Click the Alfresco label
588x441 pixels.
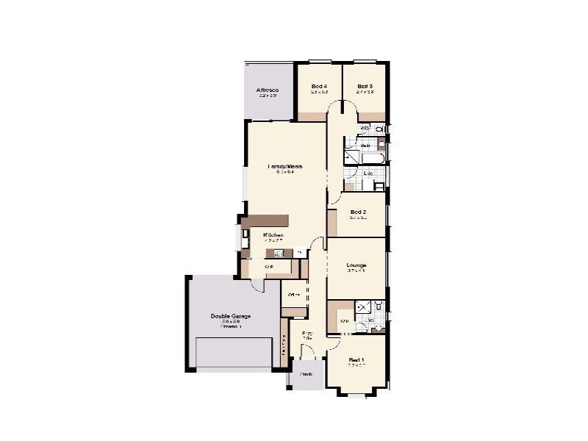point(268,90)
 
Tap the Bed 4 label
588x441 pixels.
point(319,87)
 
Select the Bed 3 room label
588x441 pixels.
point(365,87)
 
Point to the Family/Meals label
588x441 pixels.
point(285,167)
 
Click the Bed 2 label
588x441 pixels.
point(358,212)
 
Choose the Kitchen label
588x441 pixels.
point(273,235)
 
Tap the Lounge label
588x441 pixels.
point(356,265)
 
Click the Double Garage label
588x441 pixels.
point(231,317)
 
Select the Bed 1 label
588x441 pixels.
point(356,359)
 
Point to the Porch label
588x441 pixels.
point(306,374)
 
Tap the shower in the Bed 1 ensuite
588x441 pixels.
point(362,308)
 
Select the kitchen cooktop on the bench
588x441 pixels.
point(279,254)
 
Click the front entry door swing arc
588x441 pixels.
point(309,353)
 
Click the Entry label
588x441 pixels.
point(307,334)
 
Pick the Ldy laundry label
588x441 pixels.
point(367,173)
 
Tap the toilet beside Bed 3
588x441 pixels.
point(379,129)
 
